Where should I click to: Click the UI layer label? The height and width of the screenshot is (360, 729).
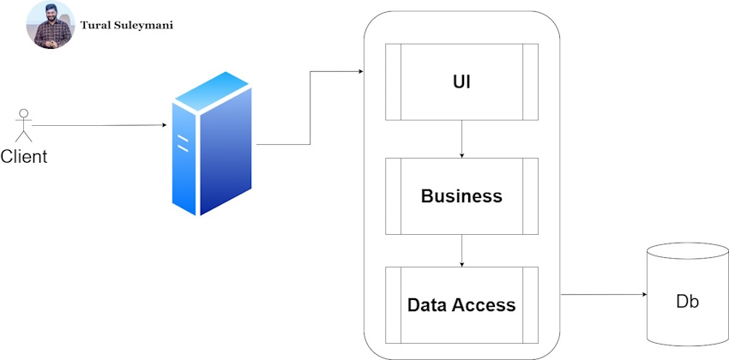tap(461, 82)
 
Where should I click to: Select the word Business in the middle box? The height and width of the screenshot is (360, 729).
tap(461, 196)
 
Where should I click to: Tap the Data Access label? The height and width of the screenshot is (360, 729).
tap(461, 305)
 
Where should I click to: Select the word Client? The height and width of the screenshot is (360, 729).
tap(24, 157)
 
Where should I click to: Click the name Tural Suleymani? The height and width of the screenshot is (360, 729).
tap(126, 25)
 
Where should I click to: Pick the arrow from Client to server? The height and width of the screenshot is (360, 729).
tap(99, 125)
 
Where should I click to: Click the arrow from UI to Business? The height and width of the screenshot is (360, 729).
tap(462, 139)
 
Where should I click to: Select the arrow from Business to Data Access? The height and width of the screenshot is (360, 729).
tap(462, 250)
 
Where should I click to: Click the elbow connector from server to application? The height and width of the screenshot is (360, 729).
tap(310, 108)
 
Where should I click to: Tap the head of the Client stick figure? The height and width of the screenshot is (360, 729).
tap(24, 112)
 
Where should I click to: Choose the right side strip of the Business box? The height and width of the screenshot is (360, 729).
tap(530, 196)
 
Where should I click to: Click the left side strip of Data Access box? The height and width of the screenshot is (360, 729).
tap(394, 305)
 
